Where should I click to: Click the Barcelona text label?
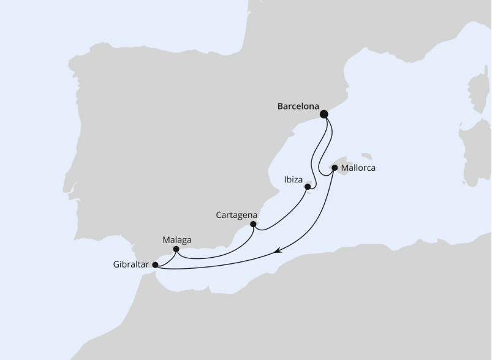click(x=298, y=107)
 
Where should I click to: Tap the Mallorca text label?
click(x=358, y=167)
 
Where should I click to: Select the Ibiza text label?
click(x=292, y=180)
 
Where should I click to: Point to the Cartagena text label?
click(x=237, y=215)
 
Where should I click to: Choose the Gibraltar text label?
click(x=131, y=265)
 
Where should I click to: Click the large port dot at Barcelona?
click(x=324, y=114)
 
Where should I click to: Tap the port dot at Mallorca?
click(x=335, y=167)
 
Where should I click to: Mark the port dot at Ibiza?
click(x=308, y=186)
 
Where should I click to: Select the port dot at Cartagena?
click(x=253, y=224)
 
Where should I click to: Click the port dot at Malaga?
click(x=176, y=249)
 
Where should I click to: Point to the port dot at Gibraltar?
click(x=155, y=265)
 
